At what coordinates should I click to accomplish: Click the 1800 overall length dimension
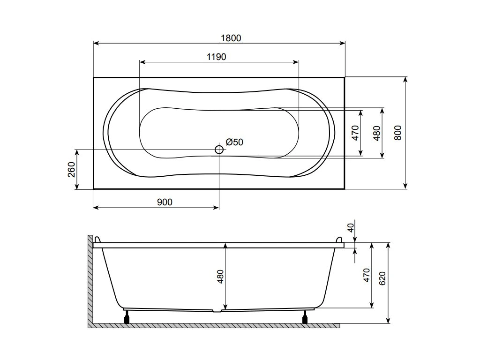[x=231, y=38]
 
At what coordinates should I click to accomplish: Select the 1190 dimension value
[x=217, y=57]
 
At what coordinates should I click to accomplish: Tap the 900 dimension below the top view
[x=165, y=202]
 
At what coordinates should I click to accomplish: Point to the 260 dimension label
[x=71, y=170]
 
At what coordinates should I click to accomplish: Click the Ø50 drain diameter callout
[x=234, y=142]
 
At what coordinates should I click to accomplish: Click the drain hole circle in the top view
[x=219, y=150]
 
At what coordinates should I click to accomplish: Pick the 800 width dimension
[x=397, y=133]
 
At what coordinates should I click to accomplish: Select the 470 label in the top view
[x=355, y=133]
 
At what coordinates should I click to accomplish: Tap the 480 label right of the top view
[x=377, y=133]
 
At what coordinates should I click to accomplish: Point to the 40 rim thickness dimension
[x=351, y=227]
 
